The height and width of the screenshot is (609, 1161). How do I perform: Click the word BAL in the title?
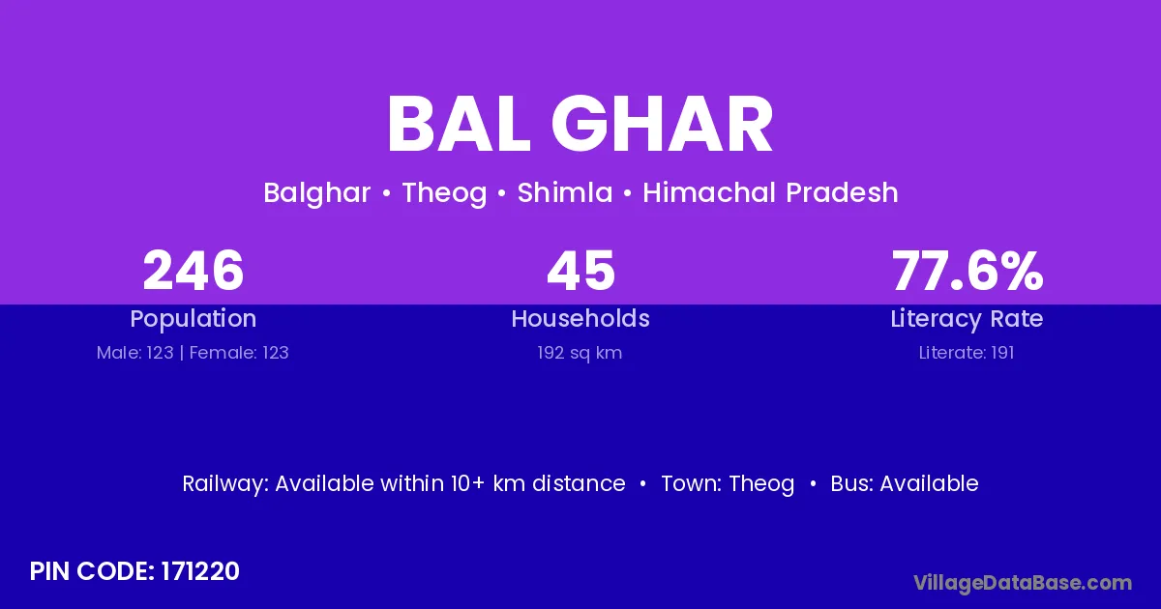point(459,124)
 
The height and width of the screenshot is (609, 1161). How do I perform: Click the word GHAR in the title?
point(662,124)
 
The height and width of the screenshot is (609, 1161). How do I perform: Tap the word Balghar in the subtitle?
point(316,193)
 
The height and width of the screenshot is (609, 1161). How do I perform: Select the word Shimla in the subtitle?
point(565,192)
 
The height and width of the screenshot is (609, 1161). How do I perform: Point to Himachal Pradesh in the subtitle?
point(770,192)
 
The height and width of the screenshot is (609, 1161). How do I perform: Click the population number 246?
point(193,271)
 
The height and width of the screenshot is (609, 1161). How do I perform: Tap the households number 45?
point(580,271)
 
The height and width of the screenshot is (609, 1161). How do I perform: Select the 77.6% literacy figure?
point(967,271)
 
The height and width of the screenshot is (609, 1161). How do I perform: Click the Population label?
point(193,319)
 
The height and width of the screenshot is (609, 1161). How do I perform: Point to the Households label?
point(580,318)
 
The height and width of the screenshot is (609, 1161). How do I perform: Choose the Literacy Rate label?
point(967,319)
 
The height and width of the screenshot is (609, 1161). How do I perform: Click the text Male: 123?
point(134,353)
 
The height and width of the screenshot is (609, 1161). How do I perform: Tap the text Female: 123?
point(239,353)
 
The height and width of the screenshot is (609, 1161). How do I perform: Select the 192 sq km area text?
point(580,353)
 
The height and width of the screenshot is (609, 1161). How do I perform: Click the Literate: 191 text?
point(967,353)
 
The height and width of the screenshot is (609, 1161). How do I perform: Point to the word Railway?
point(225,484)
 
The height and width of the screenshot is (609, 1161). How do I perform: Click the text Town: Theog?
point(728,484)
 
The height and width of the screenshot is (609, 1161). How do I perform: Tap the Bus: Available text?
point(905,483)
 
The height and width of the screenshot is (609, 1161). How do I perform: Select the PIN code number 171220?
point(200,571)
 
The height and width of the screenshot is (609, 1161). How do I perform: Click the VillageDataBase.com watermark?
point(1023,583)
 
